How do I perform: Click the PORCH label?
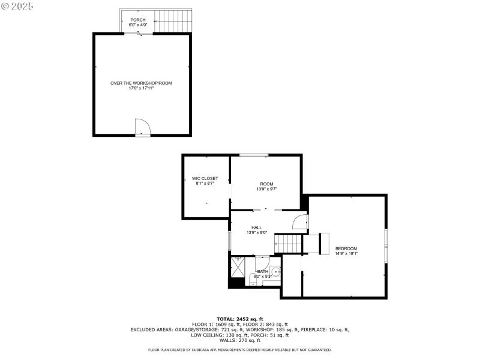click(138, 20)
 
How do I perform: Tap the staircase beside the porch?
click(175, 21)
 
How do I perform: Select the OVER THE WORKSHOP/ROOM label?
click(141, 83)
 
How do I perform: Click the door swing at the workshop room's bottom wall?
click(142, 127)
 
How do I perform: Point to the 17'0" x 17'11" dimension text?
click(141, 88)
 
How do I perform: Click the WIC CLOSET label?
click(205, 178)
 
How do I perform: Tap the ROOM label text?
click(266, 184)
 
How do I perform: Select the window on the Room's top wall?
click(254, 156)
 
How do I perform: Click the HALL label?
click(257, 227)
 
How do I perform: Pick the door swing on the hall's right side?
click(299, 222)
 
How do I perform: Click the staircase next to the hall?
click(287, 244)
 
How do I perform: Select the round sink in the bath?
click(275, 272)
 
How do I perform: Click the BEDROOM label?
click(346, 248)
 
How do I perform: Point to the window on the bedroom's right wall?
click(386, 245)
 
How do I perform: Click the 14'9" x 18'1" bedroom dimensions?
click(346, 253)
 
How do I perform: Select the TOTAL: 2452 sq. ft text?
click(239, 319)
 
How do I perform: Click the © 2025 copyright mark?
click(18, 6)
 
